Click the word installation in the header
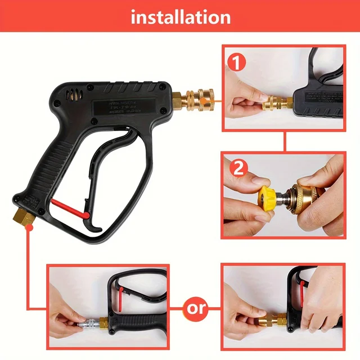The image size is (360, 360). pyautogui.click(x=181, y=17)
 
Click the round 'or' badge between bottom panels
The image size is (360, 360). pyautogui.click(x=195, y=308)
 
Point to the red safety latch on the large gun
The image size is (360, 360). pyautogui.click(x=71, y=207)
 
